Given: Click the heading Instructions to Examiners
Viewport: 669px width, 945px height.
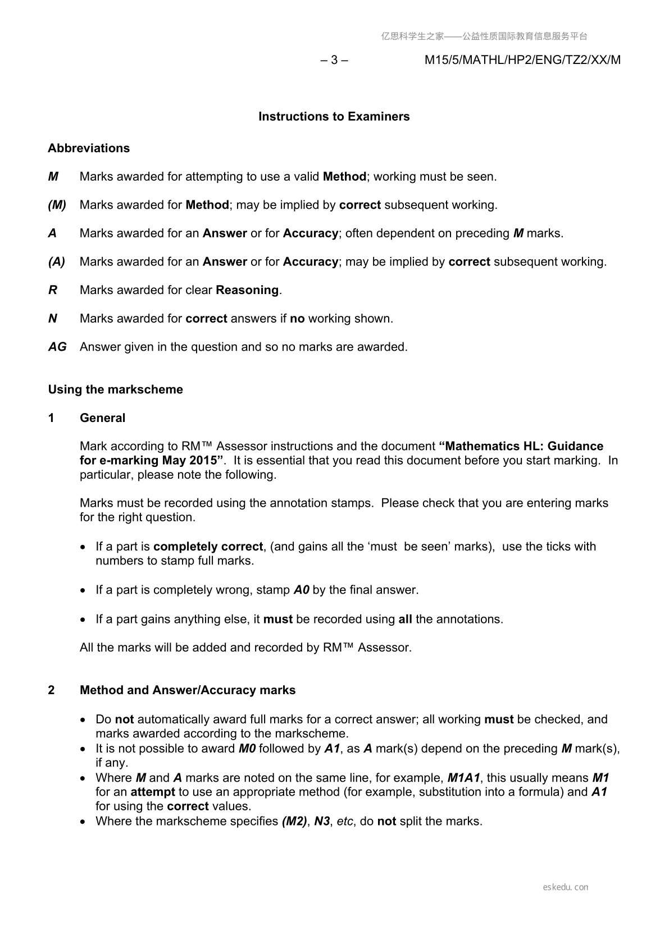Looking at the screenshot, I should click(334, 117).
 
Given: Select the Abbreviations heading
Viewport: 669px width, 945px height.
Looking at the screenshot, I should click(89, 148).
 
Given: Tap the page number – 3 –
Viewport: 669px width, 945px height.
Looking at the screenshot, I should click(334, 60).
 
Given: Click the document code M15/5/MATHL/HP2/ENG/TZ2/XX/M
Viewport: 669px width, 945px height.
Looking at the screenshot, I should click(522, 60).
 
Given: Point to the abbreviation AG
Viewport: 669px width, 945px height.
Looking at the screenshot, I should click(57, 347).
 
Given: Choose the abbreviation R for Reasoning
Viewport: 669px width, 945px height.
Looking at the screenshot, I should click(53, 290).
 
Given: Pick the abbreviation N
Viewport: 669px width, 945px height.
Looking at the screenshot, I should click(53, 319).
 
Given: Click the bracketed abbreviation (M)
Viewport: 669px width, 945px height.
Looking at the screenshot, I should click(57, 205).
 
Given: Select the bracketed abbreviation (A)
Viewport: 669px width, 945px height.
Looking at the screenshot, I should click(57, 262).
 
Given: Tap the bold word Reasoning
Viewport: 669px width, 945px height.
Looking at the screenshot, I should click(247, 290).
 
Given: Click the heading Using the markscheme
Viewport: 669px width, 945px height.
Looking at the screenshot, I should click(115, 389).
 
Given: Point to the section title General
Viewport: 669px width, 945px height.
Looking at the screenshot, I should click(102, 418).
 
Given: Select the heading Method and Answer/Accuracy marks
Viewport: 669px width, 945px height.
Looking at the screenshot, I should click(188, 690).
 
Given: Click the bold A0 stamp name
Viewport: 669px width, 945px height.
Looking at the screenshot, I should click(302, 590).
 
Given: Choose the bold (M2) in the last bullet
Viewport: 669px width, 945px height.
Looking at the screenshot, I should click(294, 822).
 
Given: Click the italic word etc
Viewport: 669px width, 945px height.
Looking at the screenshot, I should click(345, 822).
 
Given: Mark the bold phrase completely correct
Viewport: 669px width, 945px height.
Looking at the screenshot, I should click(208, 547).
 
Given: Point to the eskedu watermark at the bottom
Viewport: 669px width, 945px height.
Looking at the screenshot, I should click(566, 887).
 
